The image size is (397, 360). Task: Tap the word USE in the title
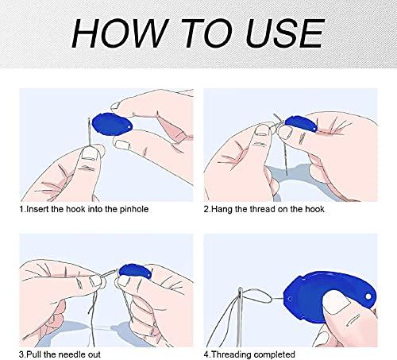point(285,33)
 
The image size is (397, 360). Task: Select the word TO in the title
point(207,33)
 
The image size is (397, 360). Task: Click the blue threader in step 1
point(112,125)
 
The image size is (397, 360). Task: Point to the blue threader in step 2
point(301,124)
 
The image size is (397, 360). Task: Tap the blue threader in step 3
point(135,272)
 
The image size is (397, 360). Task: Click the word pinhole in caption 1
point(134,210)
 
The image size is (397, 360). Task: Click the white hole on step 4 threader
point(368,296)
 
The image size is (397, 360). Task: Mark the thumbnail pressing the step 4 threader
point(336,302)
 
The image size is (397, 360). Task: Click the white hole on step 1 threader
point(129,127)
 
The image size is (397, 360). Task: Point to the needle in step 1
point(90,132)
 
